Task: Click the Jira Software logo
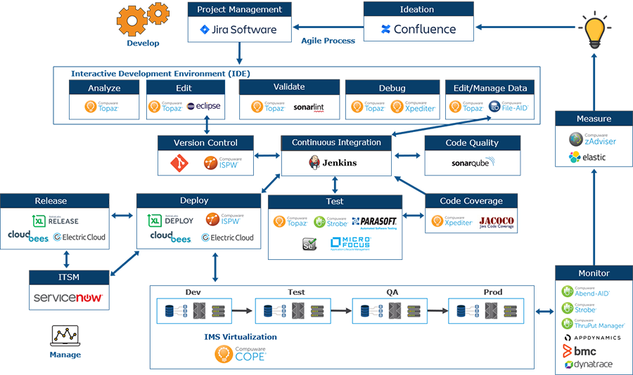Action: pos(239,30)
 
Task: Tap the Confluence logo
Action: pos(418,29)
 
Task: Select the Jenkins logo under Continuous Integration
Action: pos(335,163)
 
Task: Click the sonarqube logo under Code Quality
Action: pos(473,163)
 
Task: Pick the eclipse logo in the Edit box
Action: pos(204,107)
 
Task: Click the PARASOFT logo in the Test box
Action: pos(374,222)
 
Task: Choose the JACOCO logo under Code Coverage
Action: pos(497,221)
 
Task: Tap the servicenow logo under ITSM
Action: pos(69,298)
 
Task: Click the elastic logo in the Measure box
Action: pos(587,157)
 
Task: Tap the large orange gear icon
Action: pos(132,20)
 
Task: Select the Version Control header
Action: pos(205,143)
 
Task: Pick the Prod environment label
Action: pos(493,292)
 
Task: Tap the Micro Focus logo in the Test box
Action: pos(350,244)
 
